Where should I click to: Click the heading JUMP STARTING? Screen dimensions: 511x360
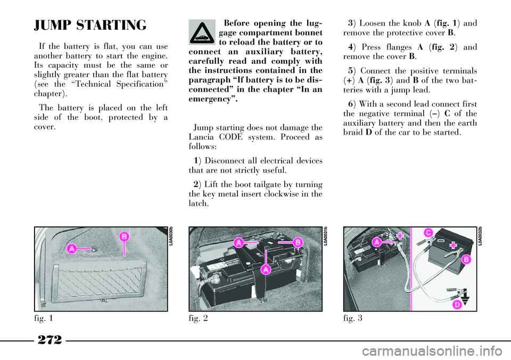90,26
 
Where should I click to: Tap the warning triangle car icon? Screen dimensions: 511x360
202,32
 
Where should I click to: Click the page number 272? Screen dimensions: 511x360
50,340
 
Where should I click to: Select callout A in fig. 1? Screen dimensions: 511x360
72,249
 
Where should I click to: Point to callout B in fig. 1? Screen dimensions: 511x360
124,236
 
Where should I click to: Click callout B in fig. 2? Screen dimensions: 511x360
298,242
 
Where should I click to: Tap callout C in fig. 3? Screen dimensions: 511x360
428,233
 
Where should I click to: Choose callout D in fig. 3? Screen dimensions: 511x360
458,305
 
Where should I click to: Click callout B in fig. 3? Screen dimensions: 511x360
466,259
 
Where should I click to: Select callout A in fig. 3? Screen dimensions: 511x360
377,242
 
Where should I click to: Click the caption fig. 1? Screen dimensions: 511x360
43,318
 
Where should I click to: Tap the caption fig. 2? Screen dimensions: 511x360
198,318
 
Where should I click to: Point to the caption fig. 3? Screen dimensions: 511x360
352,318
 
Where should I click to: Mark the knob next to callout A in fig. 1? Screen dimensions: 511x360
94,249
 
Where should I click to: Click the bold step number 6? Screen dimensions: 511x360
350,104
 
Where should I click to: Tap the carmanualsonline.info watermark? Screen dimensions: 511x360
434,351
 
